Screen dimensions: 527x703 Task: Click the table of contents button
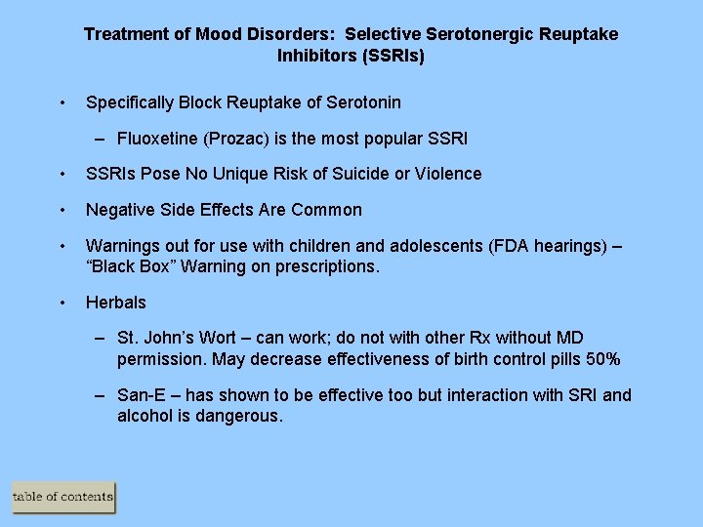point(63,497)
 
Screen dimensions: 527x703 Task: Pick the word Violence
point(446,174)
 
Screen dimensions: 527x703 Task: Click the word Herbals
point(116,303)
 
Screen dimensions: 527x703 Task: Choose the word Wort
point(218,339)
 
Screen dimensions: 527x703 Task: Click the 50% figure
point(600,359)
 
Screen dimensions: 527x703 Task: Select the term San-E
point(143,395)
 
